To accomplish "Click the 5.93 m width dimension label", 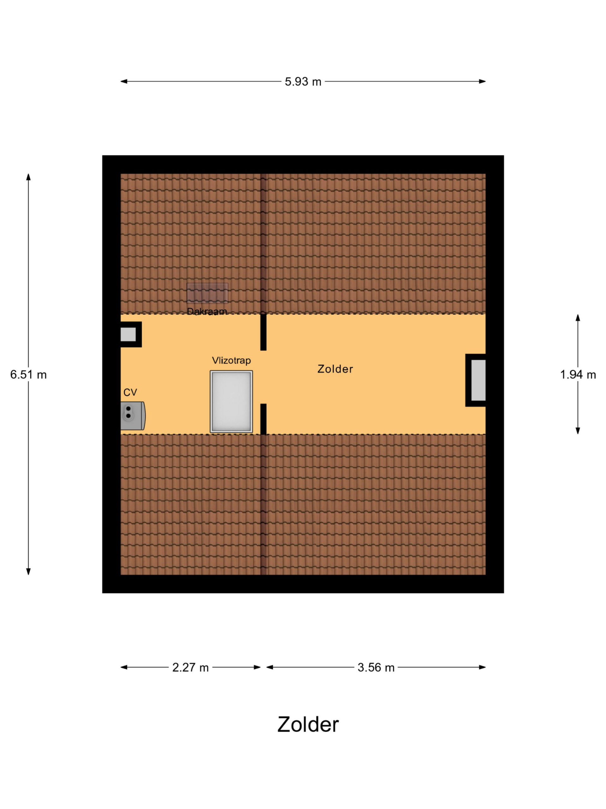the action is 303,82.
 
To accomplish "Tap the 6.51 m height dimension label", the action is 28,374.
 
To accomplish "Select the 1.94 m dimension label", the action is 578,374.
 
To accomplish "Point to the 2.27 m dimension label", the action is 190,667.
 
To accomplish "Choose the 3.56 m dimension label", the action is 376,667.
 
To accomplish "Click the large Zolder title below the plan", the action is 308,724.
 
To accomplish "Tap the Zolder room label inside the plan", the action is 335,369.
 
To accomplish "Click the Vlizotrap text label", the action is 231,360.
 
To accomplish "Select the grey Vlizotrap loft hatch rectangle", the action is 231,402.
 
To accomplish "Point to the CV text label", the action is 130,392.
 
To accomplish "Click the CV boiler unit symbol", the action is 133,416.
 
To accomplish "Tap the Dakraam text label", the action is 207,311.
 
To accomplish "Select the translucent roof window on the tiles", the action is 207,293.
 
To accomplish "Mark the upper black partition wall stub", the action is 263,332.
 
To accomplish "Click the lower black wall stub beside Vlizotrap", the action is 263,419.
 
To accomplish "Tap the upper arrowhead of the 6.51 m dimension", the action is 28,177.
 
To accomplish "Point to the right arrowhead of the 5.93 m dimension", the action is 482,81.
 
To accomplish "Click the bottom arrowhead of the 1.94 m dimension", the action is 578,431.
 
